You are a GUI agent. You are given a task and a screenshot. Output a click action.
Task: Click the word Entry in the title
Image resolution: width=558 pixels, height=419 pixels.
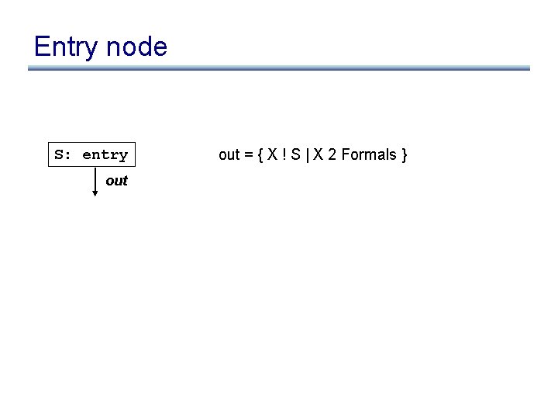click(66, 47)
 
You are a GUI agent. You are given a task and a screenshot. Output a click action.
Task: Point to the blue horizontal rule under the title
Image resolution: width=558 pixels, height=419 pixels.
click(279, 68)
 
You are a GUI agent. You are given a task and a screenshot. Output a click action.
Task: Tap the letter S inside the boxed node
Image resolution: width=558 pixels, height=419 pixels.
click(59, 154)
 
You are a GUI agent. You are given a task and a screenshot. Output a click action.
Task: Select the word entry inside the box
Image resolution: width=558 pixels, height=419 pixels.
click(105, 154)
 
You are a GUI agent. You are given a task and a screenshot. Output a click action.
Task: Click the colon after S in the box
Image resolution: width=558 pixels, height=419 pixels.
click(68, 155)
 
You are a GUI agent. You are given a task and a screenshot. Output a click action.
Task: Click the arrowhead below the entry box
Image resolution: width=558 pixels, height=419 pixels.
click(95, 193)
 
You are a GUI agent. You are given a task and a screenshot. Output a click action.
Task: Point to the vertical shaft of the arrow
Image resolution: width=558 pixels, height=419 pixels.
click(95, 179)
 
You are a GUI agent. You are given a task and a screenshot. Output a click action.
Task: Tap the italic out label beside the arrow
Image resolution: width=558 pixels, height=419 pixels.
click(116, 181)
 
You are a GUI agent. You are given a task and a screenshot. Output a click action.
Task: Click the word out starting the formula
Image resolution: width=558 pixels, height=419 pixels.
click(229, 154)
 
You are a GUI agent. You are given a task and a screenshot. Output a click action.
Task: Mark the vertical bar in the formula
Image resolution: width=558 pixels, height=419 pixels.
click(300, 155)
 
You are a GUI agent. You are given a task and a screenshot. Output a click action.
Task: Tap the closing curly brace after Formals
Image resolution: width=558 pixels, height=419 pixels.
click(404, 155)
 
